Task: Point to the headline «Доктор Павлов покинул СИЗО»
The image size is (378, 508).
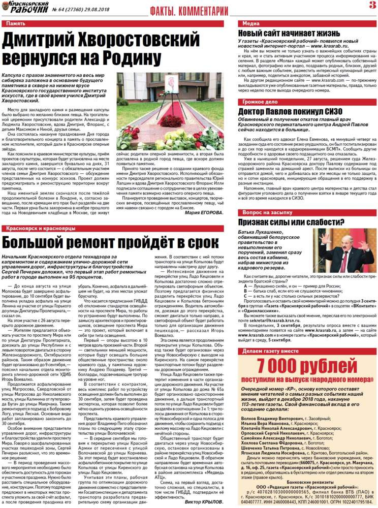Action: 290,112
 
